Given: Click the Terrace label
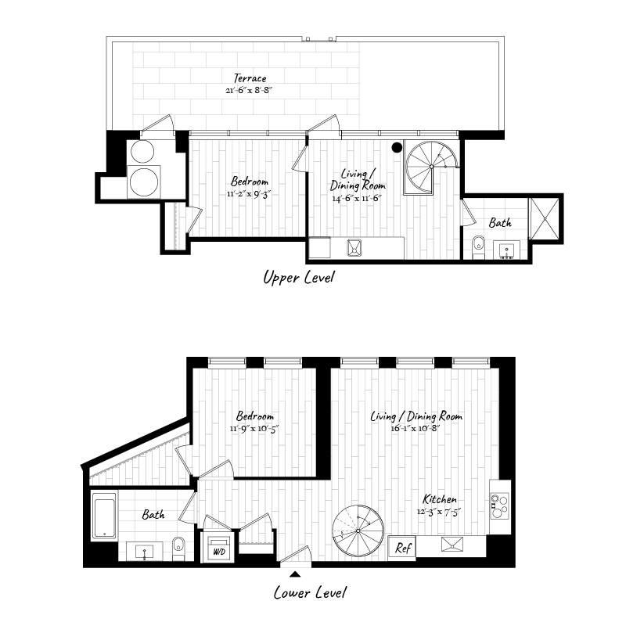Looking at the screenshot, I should tap(250, 78).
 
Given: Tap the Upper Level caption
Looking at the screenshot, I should tap(298, 278).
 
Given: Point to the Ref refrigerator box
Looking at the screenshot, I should tap(403, 548).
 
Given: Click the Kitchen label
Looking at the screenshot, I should tap(440, 499).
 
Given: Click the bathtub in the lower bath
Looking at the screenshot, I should tap(104, 516).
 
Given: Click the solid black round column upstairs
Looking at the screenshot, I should tap(398, 147).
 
